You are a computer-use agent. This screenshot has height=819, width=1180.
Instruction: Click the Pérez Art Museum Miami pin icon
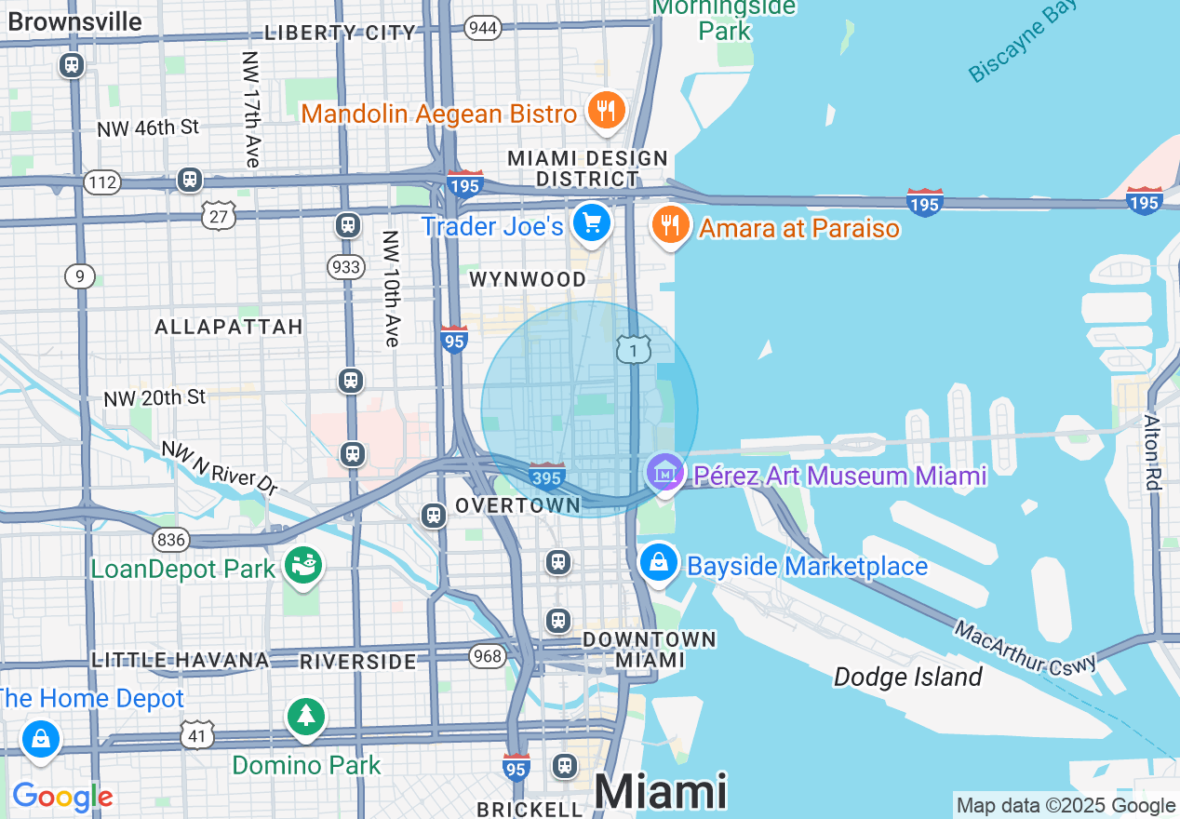click(664, 473)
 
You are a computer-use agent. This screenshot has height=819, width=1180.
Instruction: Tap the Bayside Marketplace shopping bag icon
click(659, 562)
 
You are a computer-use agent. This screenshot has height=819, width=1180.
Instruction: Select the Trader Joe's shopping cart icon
click(592, 223)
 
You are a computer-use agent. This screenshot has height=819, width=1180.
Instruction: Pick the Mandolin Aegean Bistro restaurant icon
click(606, 112)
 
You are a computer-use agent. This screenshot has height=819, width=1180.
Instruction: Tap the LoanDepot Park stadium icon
click(303, 565)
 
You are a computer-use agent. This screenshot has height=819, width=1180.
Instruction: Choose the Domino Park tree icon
click(306, 717)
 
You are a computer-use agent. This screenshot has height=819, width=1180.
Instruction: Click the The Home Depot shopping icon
click(40, 739)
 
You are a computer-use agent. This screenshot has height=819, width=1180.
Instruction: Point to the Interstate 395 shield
click(546, 477)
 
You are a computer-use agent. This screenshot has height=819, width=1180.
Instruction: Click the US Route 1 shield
click(633, 350)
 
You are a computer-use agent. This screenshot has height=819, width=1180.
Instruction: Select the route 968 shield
click(487, 656)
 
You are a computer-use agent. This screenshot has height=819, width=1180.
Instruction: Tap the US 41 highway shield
click(197, 735)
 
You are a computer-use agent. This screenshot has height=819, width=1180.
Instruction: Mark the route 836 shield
click(172, 540)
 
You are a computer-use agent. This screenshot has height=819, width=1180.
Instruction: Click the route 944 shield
click(483, 27)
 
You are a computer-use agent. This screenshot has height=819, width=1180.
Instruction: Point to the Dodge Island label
click(907, 677)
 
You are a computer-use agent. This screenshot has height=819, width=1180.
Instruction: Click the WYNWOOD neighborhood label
click(528, 279)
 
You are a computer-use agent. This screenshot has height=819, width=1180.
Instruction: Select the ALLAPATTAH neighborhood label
click(229, 327)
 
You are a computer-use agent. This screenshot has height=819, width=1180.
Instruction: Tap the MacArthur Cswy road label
click(1026, 648)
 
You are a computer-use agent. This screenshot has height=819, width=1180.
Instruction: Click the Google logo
click(62, 797)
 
